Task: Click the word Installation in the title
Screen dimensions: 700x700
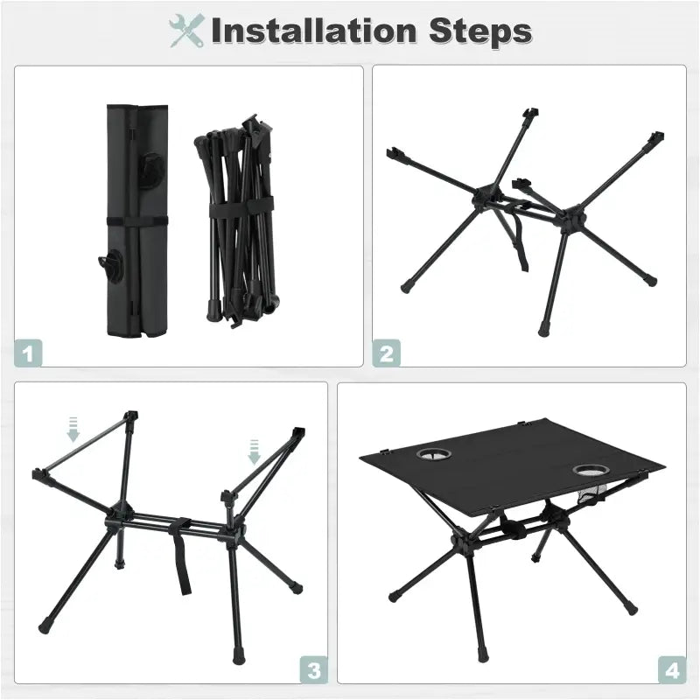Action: [x=311, y=31]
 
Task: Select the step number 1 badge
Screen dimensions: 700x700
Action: [x=30, y=353]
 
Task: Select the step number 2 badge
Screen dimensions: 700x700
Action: [x=386, y=353]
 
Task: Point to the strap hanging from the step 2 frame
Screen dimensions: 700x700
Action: [x=521, y=245]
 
